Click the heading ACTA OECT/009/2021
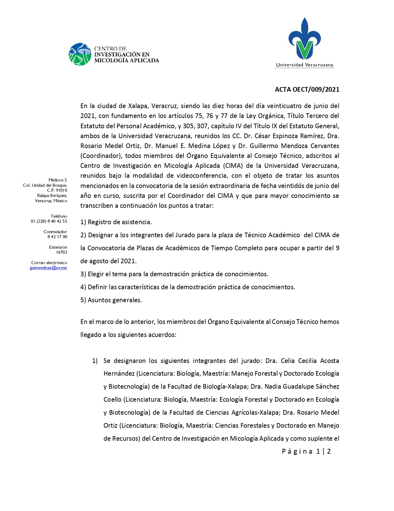pyautogui.click(x=307, y=90)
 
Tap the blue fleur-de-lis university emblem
pyautogui.click(x=305, y=39)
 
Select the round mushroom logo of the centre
pyautogui.click(x=80, y=54)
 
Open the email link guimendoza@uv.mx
pyautogui.click(x=48, y=268)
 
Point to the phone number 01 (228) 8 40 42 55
pyautogui.click(x=49, y=221)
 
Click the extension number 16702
pyautogui.click(x=61, y=252)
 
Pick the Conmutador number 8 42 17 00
pyautogui.click(x=57, y=237)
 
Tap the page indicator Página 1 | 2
pyautogui.click(x=306, y=452)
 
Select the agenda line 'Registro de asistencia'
pyautogui.click(x=116, y=222)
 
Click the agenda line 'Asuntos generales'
pyautogui.click(x=111, y=300)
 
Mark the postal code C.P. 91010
pyautogui.click(x=57, y=190)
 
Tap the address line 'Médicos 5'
pyautogui.click(x=57, y=180)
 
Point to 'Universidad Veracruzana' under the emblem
pyautogui.click(x=304, y=65)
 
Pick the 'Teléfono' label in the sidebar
pyautogui.click(x=59, y=216)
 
